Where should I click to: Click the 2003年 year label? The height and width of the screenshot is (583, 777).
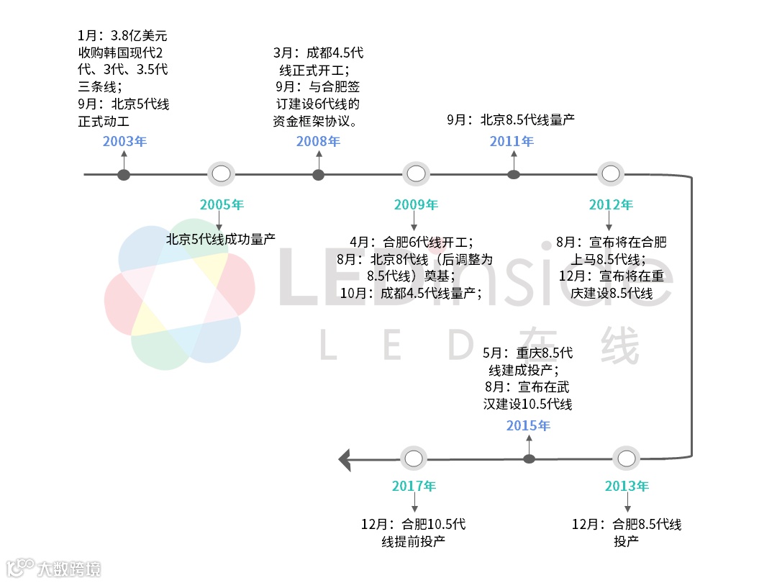click(x=124, y=141)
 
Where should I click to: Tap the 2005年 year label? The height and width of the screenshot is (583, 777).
click(x=222, y=205)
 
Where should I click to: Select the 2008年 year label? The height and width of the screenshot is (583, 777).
click(x=318, y=141)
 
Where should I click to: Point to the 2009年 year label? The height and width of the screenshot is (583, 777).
click(x=416, y=205)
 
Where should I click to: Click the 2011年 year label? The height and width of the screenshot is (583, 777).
click(x=512, y=141)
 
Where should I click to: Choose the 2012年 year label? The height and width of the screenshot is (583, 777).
click(x=611, y=205)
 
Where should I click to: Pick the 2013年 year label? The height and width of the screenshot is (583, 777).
click(x=627, y=486)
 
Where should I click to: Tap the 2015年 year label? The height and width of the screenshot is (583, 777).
click(x=528, y=425)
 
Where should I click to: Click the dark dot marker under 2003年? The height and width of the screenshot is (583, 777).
click(x=124, y=175)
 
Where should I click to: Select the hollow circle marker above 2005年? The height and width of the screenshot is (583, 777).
click(x=221, y=173)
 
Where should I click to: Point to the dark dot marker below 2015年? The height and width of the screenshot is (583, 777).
click(x=529, y=458)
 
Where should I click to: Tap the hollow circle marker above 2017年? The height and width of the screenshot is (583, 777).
click(x=413, y=458)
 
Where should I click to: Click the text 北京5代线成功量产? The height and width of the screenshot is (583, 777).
click(x=221, y=238)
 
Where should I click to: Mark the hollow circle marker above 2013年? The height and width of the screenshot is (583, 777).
click(x=626, y=458)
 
